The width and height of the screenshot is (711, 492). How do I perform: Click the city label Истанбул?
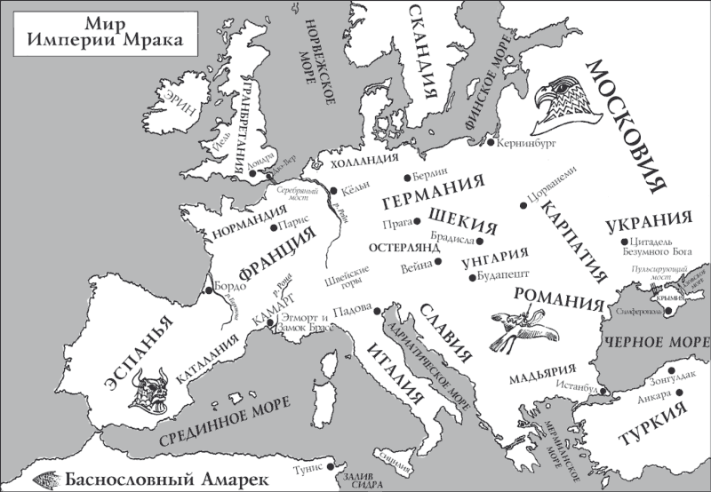point(575,386)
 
